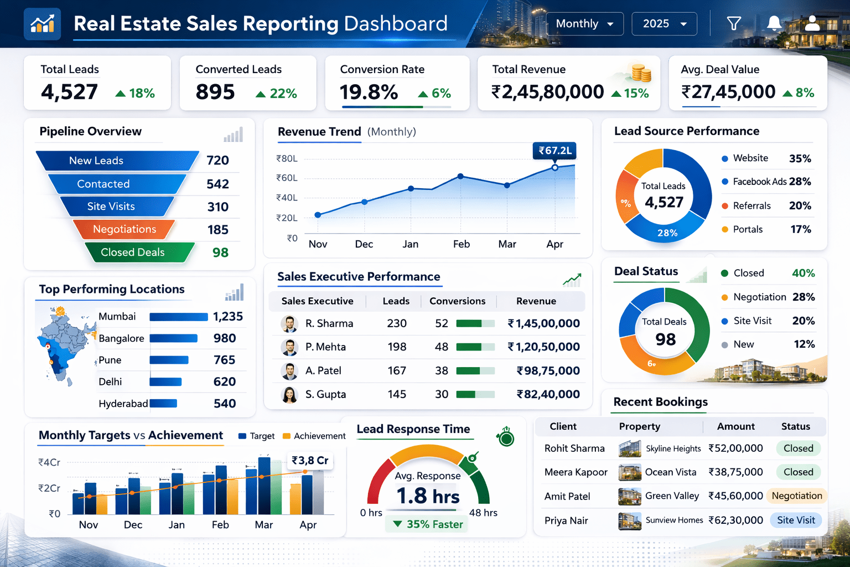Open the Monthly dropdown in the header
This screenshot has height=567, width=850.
[584, 24]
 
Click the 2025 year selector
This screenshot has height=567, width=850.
[664, 24]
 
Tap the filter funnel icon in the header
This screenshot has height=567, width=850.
[734, 23]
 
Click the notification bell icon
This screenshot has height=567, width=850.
[774, 23]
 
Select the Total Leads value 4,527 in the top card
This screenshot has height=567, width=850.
[69, 92]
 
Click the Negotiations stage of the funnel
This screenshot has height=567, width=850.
[124, 229]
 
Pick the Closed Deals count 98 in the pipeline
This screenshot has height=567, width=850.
[220, 252]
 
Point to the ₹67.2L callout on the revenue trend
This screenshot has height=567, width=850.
[554, 151]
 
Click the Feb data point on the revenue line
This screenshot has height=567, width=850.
[460, 177]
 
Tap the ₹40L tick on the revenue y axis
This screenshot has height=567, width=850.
[287, 198]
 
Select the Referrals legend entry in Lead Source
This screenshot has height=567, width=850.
[751, 206]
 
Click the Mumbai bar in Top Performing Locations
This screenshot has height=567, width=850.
[178, 317]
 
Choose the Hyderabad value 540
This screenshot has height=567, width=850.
[225, 404]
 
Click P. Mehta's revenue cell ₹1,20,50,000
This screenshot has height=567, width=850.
[543, 347]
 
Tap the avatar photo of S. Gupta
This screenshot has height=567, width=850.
[289, 395]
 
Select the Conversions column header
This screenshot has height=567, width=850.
[457, 301]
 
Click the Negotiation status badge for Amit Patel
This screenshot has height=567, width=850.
[796, 496]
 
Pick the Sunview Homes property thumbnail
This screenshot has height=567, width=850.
[629, 520]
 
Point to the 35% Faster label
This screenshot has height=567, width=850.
[428, 524]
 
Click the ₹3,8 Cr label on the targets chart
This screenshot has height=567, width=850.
[310, 461]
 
